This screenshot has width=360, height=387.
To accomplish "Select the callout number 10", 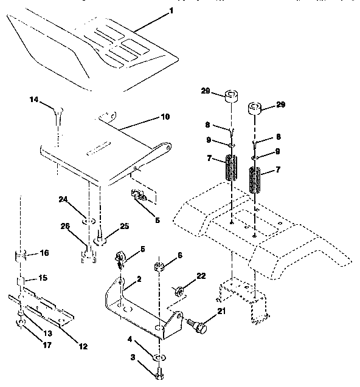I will point(148,116).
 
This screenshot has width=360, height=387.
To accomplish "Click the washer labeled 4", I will point(157,356).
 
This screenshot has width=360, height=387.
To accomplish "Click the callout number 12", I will point(83,346).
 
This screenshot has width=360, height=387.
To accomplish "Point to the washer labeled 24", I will point(89,217).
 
